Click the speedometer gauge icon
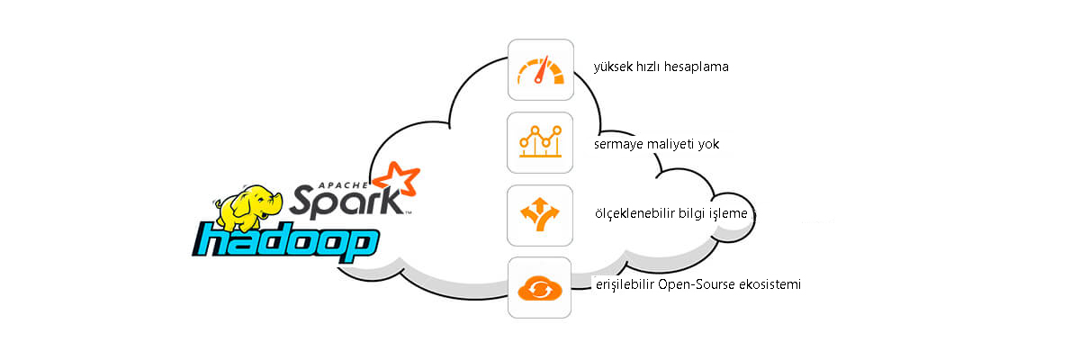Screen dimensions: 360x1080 [540, 70]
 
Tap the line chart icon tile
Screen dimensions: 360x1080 [540, 142]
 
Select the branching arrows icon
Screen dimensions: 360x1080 [540, 215]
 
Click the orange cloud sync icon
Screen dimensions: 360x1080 [540, 287]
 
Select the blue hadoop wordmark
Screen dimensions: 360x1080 [285, 243]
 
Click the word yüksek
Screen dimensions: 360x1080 [614, 67]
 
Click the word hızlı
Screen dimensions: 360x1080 [649, 67]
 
